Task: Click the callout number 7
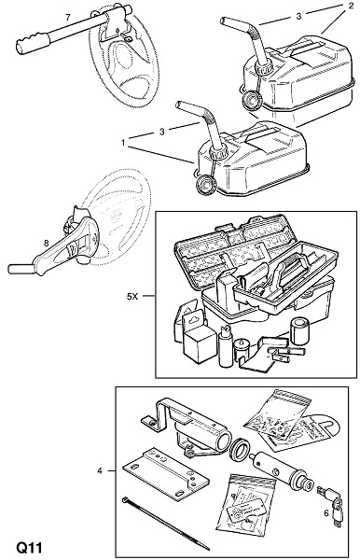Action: click(x=68, y=17)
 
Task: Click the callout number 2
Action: click(x=351, y=6)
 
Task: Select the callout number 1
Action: click(x=123, y=143)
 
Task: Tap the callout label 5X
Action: click(x=132, y=296)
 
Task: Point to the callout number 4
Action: click(x=100, y=471)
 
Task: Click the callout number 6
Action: click(x=325, y=513)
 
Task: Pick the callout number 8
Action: click(x=46, y=244)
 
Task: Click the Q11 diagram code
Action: click(x=29, y=548)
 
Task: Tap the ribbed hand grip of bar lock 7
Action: click(x=31, y=43)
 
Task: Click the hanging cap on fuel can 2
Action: click(x=252, y=100)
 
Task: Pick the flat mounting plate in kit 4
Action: click(x=166, y=474)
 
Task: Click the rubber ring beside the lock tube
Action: click(x=239, y=450)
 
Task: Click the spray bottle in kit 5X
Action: click(x=226, y=345)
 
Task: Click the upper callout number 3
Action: click(x=298, y=16)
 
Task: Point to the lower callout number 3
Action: click(x=162, y=132)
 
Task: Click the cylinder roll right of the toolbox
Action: click(x=299, y=330)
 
